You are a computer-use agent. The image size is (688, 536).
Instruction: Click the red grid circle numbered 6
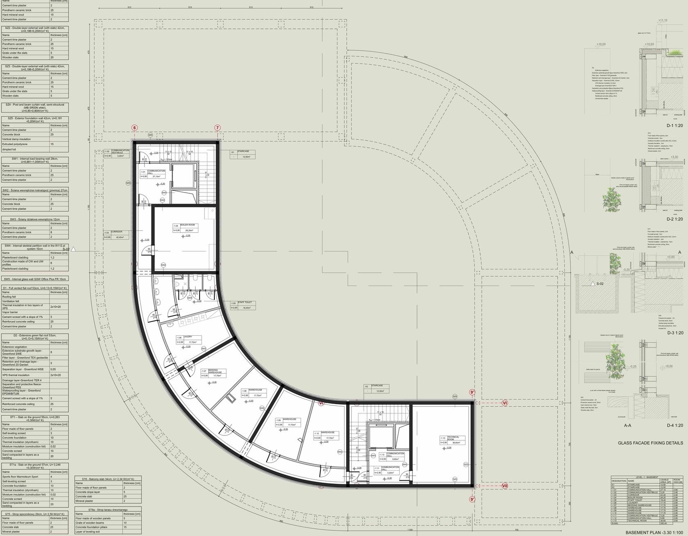tap(134, 128)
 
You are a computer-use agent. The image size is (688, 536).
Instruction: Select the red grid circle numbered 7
tap(217, 128)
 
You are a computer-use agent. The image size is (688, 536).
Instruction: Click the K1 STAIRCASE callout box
tap(242, 154)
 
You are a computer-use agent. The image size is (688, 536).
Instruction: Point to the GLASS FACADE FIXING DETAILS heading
tap(651, 443)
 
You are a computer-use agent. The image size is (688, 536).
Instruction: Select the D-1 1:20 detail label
tap(674, 126)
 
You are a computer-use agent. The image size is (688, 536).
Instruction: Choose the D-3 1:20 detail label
tap(675, 333)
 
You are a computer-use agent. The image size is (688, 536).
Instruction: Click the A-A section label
tap(627, 426)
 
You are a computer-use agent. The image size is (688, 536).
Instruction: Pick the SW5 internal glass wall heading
tap(35, 279)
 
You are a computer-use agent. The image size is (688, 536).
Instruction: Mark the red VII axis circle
tap(505, 486)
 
